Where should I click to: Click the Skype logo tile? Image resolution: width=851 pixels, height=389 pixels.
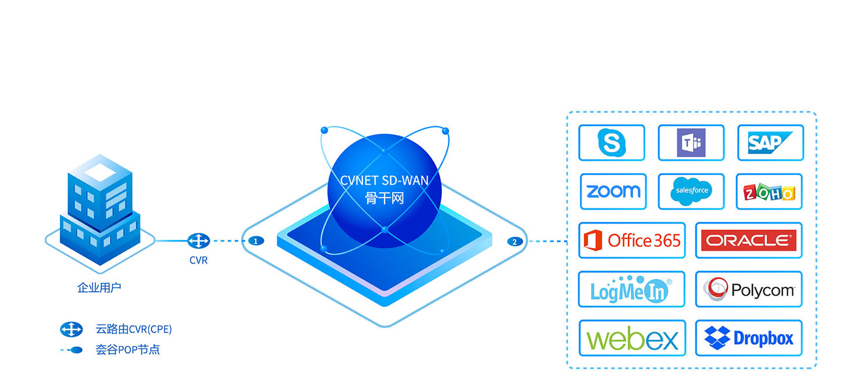tap(611, 143)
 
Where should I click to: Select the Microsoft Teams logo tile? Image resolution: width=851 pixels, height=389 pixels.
tap(691, 143)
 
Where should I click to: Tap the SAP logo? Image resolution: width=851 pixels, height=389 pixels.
tap(770, 143)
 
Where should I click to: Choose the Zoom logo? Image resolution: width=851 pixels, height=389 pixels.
tap(613, 192)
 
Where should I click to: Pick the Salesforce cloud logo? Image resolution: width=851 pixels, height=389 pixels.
tap(691, 192)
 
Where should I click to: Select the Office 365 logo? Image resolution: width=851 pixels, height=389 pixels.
tap(632, 240)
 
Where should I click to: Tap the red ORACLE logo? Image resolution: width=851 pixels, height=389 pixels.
tap(748, 240)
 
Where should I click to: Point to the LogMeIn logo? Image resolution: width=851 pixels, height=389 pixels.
tap(631, 289)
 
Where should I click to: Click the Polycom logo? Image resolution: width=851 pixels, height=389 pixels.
tap(748, 289)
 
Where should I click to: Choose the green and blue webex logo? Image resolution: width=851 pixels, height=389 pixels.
tap(632, 338)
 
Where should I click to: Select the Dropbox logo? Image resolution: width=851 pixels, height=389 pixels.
tap(748, 338)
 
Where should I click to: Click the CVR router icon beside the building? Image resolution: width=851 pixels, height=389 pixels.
tap(199, 240)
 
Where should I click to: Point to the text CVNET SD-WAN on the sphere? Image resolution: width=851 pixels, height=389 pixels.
tap(385, 181)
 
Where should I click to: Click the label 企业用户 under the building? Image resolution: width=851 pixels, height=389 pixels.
tap(99, 287)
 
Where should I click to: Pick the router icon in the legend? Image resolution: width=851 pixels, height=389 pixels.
tap(71, 330)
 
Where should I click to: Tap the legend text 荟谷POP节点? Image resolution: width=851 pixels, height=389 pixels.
tap(127, 350)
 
